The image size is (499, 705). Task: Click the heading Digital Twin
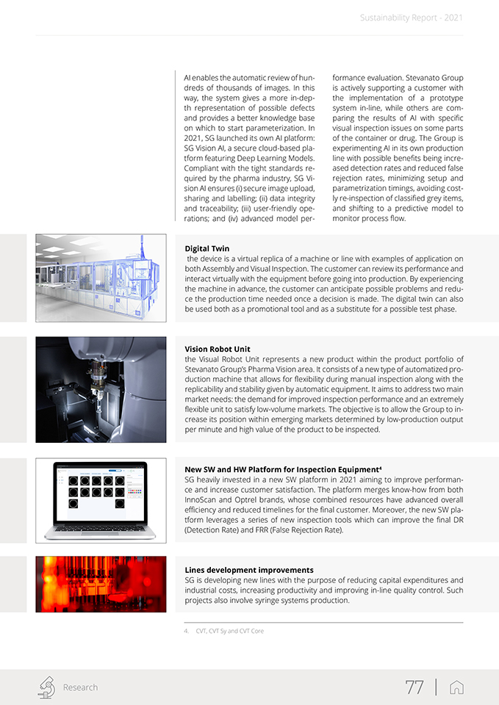207,249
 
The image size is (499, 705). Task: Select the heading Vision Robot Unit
222,349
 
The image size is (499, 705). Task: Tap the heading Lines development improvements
249,570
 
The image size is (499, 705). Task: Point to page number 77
414,687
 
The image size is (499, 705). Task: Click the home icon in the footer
456,687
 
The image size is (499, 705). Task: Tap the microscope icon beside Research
46,687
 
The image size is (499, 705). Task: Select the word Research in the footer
80,687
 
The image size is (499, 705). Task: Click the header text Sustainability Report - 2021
411,18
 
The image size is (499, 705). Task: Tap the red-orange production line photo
101,584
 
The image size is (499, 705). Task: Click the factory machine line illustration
101,278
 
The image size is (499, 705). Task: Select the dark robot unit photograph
101,389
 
